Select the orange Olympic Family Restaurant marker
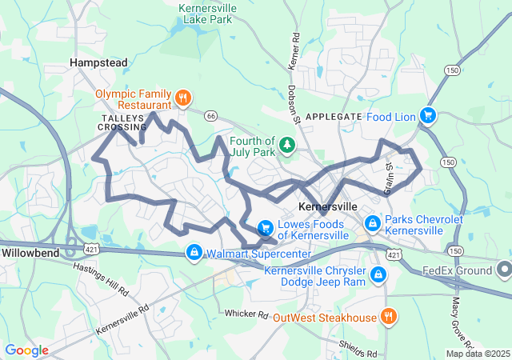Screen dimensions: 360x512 pos(183,99)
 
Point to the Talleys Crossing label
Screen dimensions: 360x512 pos(123,122)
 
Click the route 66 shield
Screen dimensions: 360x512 pos(210,116)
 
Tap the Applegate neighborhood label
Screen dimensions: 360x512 pos(334,116)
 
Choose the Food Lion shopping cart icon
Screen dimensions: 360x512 pos(428,116)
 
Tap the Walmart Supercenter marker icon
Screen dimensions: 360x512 pos(194,254)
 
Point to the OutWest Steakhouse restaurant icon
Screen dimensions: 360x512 pos(388,317)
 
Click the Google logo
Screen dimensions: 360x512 pos(27,350)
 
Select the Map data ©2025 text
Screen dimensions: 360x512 pos(477,354)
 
